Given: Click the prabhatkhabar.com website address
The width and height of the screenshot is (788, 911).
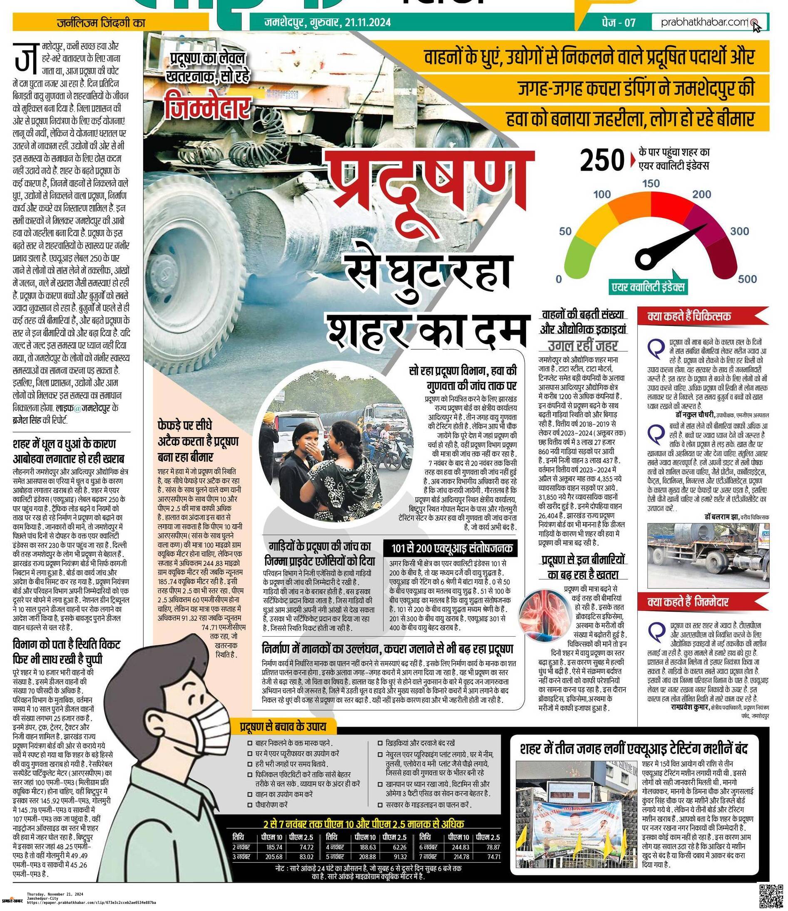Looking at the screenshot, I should pyautogui.click(x=704, y=22).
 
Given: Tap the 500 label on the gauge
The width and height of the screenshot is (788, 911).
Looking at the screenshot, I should pyautogui.click(x=748, y=279).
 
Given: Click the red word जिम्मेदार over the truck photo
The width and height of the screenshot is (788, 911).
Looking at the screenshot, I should pyautogui.click(x=208, y=106).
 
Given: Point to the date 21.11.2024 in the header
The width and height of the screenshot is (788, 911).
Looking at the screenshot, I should pyautogui.click(x=368, y=22).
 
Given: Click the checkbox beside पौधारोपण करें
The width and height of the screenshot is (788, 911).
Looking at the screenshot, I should pyautogui.click(x=250, y=804).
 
